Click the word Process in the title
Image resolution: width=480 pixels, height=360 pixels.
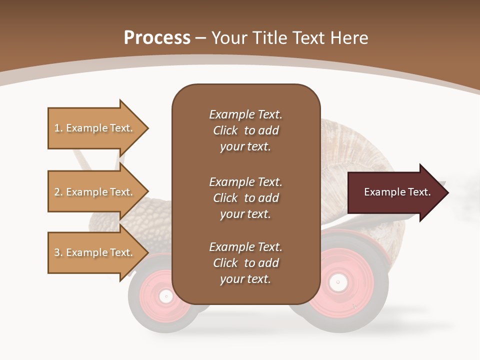[157, 38]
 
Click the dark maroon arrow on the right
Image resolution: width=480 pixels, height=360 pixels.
[390, 192]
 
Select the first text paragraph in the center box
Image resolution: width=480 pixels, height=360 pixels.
[245, 130]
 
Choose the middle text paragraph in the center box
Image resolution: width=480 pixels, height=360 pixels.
[245, 198]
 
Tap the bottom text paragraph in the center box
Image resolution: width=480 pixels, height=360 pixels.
[245, 263]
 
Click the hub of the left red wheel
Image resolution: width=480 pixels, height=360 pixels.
[165, 296]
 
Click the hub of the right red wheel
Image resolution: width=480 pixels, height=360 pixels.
[338, 283]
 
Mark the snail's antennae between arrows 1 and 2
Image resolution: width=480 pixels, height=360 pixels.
[82, 160]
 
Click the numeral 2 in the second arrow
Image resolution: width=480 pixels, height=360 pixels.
[57, 192]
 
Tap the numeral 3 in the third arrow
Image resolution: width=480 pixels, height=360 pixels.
[57, 252]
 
